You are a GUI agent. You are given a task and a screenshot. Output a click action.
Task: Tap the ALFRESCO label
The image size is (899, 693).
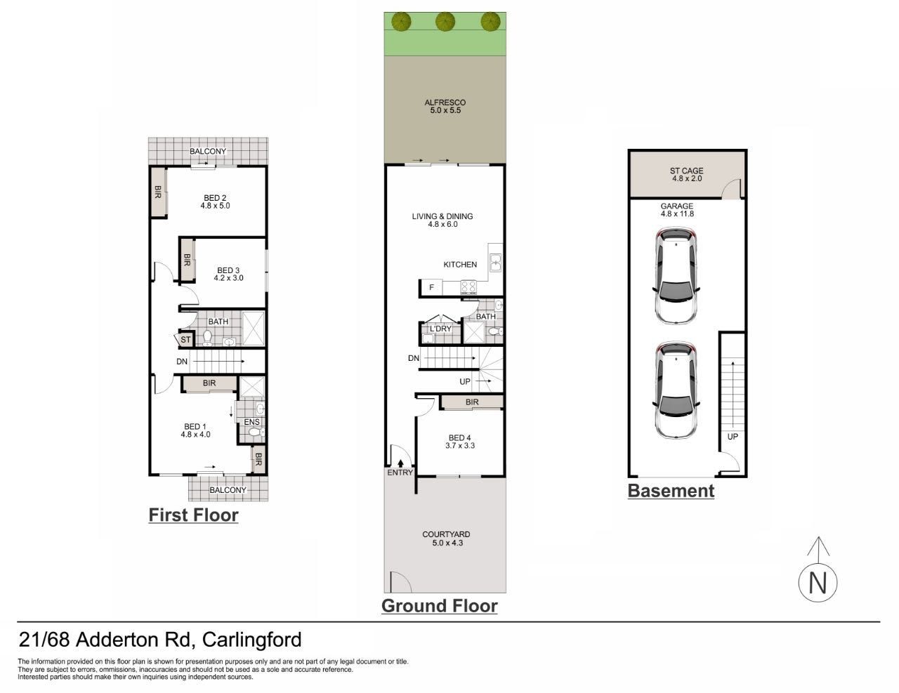[445, 102]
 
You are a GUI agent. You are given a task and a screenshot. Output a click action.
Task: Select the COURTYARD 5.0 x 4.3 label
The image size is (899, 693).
[446, 539]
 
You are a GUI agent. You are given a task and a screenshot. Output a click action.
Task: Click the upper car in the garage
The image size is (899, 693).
[676, 275]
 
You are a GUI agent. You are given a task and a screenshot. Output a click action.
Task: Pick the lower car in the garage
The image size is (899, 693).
[676, 390]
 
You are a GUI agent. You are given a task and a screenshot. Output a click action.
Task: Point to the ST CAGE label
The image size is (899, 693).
[686, 171]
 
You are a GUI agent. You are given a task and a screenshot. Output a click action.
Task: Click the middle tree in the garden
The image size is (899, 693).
[445, 22]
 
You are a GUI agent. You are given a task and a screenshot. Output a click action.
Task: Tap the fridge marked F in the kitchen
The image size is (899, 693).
[431, 287]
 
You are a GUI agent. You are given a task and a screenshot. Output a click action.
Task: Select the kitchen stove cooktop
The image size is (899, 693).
[468, 286]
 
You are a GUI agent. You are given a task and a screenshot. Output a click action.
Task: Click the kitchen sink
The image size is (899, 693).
[495, 263]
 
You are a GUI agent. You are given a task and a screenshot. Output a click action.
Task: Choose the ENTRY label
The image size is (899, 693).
[400, 473]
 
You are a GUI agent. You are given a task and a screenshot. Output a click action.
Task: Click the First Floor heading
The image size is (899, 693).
[193, 515]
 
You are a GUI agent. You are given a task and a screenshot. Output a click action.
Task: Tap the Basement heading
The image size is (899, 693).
[671, 491]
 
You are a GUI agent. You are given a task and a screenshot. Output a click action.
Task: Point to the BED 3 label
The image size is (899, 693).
[228, 270]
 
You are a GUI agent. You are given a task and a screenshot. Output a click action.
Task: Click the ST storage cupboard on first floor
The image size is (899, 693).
[185, 339]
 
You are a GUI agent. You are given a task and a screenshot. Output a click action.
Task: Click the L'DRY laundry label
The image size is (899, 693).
[440, 329]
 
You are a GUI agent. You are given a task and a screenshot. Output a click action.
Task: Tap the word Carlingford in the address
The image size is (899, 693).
[252, 640]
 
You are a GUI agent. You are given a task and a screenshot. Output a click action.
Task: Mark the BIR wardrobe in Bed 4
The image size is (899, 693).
[472, 402]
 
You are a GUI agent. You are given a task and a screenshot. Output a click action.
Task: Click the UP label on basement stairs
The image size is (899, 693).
[733, 436]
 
